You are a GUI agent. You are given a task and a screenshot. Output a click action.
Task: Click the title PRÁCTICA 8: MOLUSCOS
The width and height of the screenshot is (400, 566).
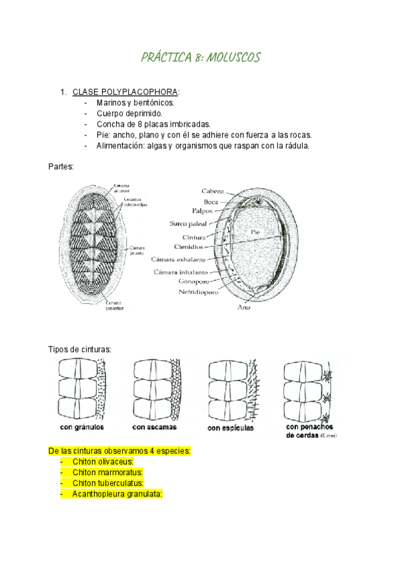click(x=200, y=58)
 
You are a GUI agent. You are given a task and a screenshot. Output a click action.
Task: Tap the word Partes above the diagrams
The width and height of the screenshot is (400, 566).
click(x=61, y=166)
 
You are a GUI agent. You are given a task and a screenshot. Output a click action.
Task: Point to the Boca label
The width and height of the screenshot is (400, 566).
click(x=213, y=201)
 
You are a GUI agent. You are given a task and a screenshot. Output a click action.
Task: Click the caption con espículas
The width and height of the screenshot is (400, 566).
click(x=230, y=428)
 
